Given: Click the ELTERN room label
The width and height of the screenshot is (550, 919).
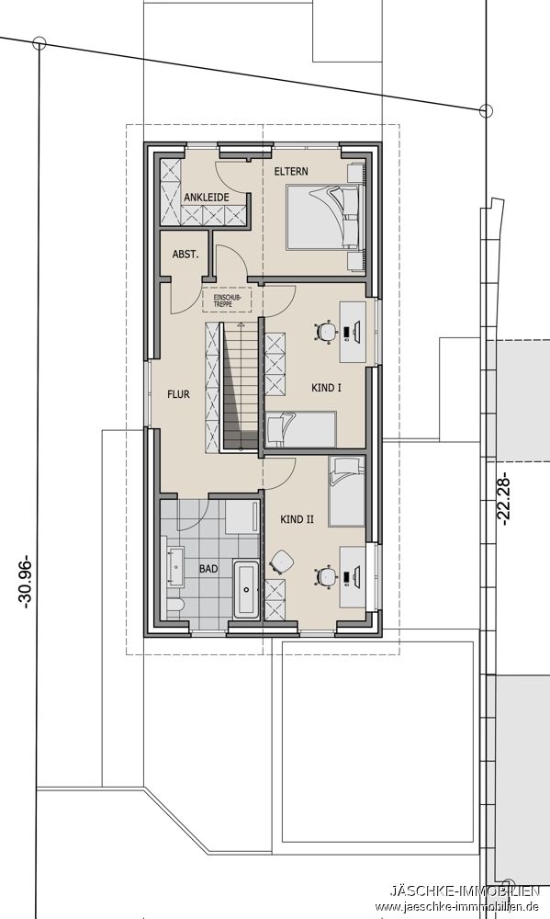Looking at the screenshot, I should (291, 172).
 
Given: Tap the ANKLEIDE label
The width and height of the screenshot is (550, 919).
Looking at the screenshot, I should (206, 198).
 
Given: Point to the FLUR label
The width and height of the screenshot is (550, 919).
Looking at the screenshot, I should (178, 394).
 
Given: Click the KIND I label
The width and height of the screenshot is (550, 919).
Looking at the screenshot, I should (327, 389).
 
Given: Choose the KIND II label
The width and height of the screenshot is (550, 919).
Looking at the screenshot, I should (297, 519).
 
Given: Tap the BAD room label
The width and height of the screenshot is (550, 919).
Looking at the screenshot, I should (208, 569).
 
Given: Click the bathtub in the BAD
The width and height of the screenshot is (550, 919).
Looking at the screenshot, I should (246, 589).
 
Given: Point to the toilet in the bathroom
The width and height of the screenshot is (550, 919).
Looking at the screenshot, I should (177, 606).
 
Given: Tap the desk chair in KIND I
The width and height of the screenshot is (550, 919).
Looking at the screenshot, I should (325, 333).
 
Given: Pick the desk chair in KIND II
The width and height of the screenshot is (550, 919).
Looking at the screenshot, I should (325, 577).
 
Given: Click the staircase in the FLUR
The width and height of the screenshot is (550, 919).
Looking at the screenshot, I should (238, 386).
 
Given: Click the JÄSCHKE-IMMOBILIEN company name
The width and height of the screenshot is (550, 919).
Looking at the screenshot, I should (465, 891).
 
